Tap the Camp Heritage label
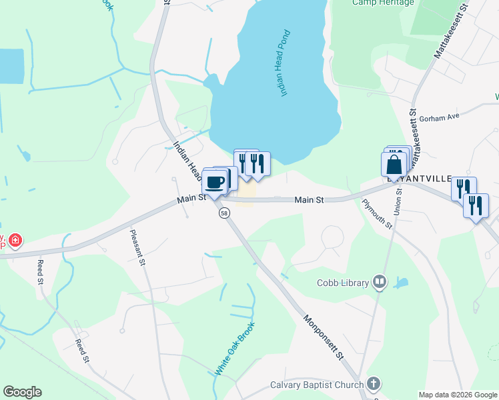383,3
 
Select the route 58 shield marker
225,213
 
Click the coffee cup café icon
215,181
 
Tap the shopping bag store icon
394,165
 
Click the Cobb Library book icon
380,283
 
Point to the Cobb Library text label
343,283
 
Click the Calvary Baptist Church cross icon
374,385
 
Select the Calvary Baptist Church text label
317,385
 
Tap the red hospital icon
14,239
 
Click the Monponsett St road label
324,337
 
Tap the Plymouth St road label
377,214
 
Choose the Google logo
22,392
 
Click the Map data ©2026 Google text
457,395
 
